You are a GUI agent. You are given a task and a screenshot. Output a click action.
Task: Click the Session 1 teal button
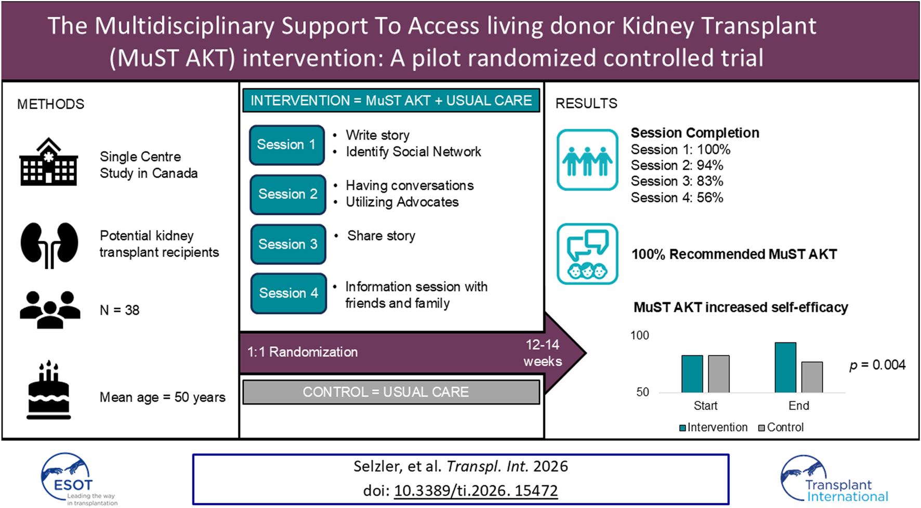[287, 145]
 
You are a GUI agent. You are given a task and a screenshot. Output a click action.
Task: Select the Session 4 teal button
[288, 293]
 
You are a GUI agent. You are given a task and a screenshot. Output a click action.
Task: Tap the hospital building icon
[49, 162]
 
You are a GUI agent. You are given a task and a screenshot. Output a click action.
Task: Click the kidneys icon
[49, 244]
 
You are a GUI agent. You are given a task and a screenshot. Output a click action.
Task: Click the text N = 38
[120, 310]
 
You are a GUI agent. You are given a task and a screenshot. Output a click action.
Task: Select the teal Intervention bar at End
[785, 367]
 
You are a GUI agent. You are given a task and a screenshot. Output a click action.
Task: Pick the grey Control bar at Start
[718, 373]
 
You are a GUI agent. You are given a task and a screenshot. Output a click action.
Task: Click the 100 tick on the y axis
[639, 335]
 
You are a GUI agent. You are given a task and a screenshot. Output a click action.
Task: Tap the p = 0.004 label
[877, 365]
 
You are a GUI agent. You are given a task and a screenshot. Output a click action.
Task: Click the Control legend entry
[781, 427]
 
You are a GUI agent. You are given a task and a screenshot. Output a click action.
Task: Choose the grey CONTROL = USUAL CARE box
[391, 392]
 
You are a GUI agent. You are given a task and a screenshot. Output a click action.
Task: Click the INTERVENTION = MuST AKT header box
[391, 100]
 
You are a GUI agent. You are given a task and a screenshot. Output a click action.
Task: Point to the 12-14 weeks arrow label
[543, 353]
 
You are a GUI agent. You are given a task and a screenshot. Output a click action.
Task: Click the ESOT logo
[73, 478]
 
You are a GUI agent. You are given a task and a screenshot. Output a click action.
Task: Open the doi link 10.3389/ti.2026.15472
[476, 490]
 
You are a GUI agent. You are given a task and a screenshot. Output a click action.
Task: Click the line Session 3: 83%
[677, 181]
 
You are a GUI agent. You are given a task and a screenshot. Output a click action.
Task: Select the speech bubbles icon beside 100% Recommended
[587, 254]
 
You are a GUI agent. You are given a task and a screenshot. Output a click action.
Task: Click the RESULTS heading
[586, 103]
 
